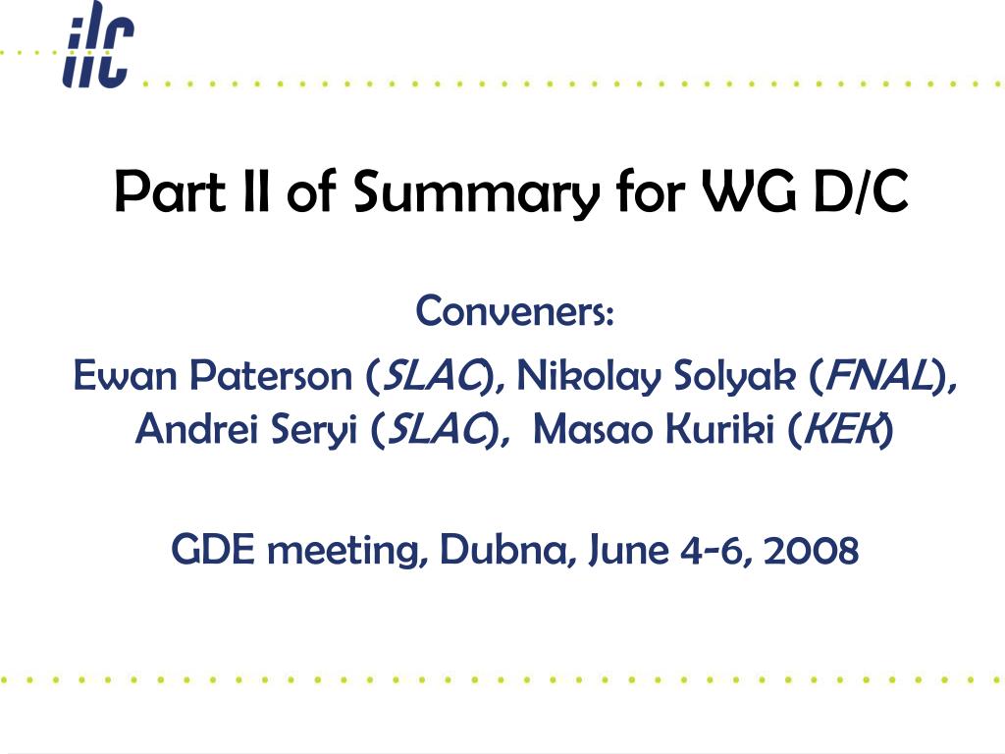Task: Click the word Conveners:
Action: pyautogui.click(x=515, y=311)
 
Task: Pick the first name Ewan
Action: pyautogui.click(x=126, y=375)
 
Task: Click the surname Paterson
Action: pyautogui.click(x=272, y=375)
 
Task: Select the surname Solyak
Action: pyautogui.click(x=734, y=375)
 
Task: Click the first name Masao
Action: pyautogui.click(x=593, y=428)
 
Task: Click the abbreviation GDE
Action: pyautogui.click(x=213, y=550)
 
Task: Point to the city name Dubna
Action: pyautogui.click(x=502, y=550)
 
